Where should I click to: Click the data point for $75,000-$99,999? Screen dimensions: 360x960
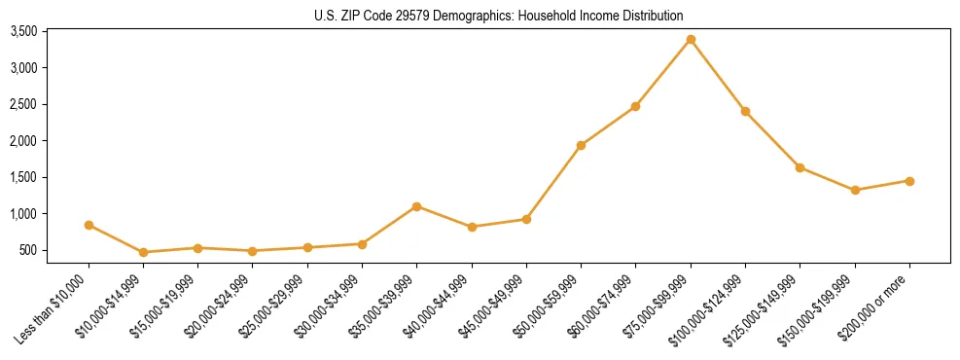pos(691,39)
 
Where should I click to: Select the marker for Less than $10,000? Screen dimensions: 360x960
pos(89,225)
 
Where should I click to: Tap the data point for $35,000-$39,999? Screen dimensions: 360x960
pos(416,206)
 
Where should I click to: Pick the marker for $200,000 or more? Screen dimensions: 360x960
pos(909,181)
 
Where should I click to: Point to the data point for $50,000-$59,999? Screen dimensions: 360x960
pos(581,145)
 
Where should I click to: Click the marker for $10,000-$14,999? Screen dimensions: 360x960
pos(143,252)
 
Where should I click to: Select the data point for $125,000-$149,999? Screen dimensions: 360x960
pos(800,167)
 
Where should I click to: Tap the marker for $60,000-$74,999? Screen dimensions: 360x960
pos(635,106)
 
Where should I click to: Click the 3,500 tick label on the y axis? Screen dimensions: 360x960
pos(23,32)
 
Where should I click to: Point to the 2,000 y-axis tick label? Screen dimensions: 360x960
pos(23,141)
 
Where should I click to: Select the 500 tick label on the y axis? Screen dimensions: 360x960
pos(28,250)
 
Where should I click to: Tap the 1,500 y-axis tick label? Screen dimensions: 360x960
pos(23,178)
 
